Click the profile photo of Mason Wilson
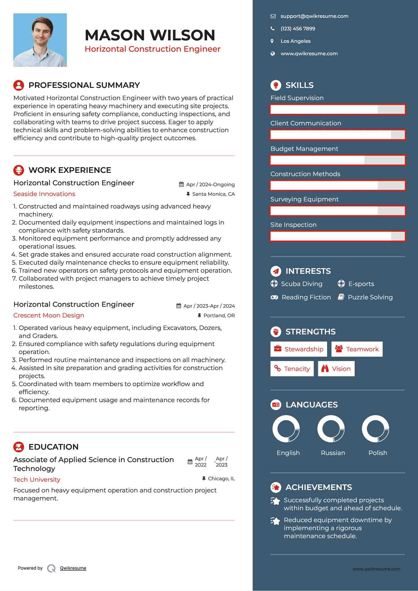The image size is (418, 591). (40, 40)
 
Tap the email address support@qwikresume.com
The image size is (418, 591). (314, 16)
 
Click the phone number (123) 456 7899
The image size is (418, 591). (298, 29)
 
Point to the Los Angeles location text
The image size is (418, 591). (295, 41)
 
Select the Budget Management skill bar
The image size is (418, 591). (337, 160)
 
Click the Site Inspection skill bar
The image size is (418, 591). (337, 236)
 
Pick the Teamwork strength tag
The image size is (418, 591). (357, 349)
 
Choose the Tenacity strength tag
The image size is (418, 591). (292, 369)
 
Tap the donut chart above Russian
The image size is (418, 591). (331, 429)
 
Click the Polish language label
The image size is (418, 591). (378, 453)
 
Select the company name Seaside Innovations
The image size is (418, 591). (44, 194)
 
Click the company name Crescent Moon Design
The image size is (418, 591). (49, 315)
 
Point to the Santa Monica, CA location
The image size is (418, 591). (213, 194)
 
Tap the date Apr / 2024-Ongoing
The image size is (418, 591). (210, 185)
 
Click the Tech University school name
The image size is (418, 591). (37, 480)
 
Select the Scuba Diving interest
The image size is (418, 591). (301, 284)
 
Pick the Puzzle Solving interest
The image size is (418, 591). (370, 297)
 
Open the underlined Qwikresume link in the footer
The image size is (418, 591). (73, 568)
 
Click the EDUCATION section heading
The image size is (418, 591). (53, 447)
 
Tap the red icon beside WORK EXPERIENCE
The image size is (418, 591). (19, 170)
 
